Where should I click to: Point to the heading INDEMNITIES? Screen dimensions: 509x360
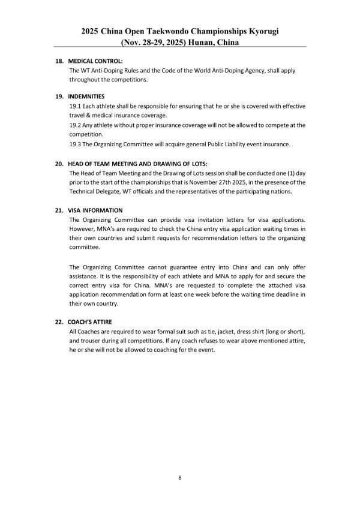[87, 96]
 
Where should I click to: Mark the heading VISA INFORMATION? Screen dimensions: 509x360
[95, 210]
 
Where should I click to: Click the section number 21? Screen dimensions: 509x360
[59, 210]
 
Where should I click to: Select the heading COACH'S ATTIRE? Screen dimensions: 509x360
[90, 322]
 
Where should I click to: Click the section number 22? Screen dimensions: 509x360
[59, 322]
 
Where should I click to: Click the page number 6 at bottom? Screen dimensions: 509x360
[180, 478]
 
